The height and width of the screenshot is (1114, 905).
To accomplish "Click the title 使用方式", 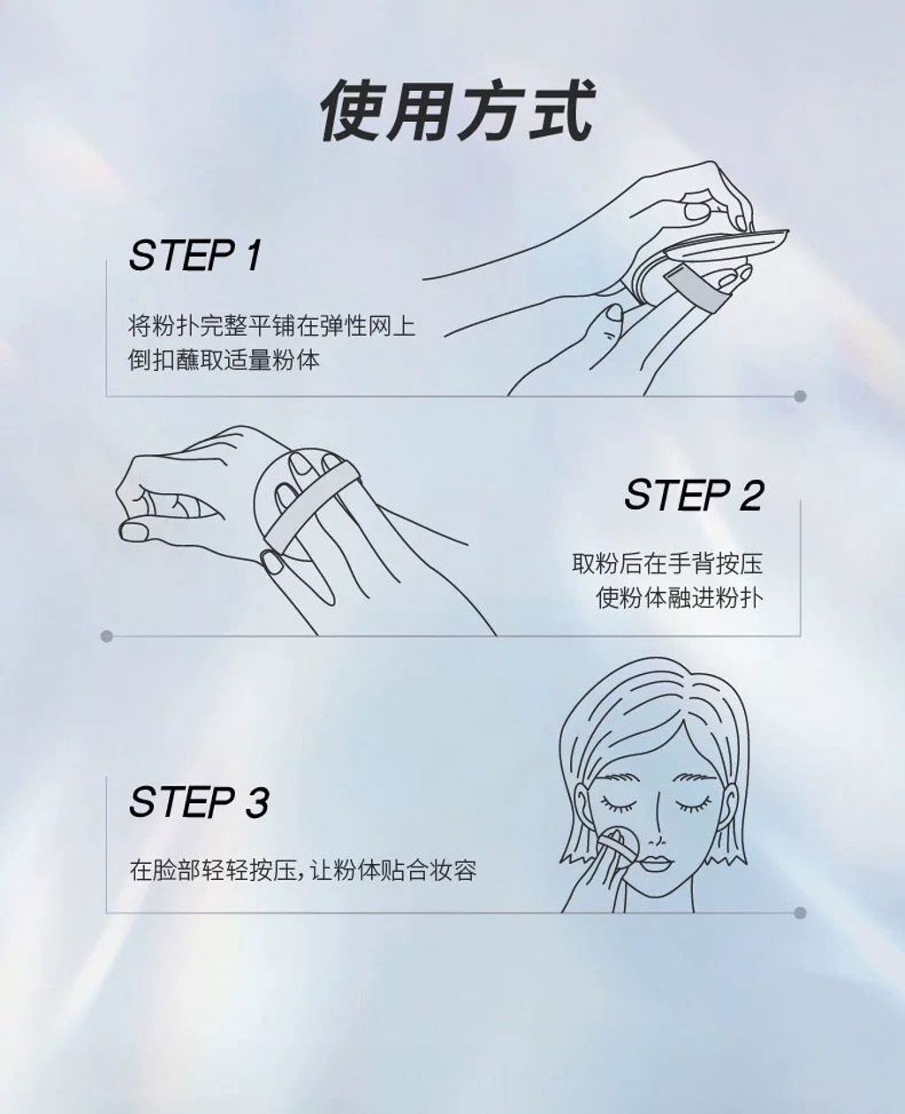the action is coord(457,110).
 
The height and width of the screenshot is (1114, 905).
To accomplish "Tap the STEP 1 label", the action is coord(194,255).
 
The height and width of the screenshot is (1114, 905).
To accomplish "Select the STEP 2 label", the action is coord(694,494).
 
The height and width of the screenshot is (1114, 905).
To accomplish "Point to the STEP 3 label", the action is coord(199,802).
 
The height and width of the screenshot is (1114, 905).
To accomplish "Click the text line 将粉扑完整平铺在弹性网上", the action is coord(271,326).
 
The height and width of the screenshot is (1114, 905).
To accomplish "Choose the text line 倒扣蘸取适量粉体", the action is coord(224,360).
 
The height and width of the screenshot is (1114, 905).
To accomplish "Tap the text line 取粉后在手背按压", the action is coord(667,564).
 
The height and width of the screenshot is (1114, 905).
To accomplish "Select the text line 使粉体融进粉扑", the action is coord(679,598).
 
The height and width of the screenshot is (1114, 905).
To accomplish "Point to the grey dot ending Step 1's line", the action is coord(800,396).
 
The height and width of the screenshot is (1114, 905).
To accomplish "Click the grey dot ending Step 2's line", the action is coord(107,636).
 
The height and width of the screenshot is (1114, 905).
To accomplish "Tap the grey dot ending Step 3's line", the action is coord(800,913).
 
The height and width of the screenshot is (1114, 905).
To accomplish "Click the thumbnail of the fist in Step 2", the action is coord(133,533).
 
